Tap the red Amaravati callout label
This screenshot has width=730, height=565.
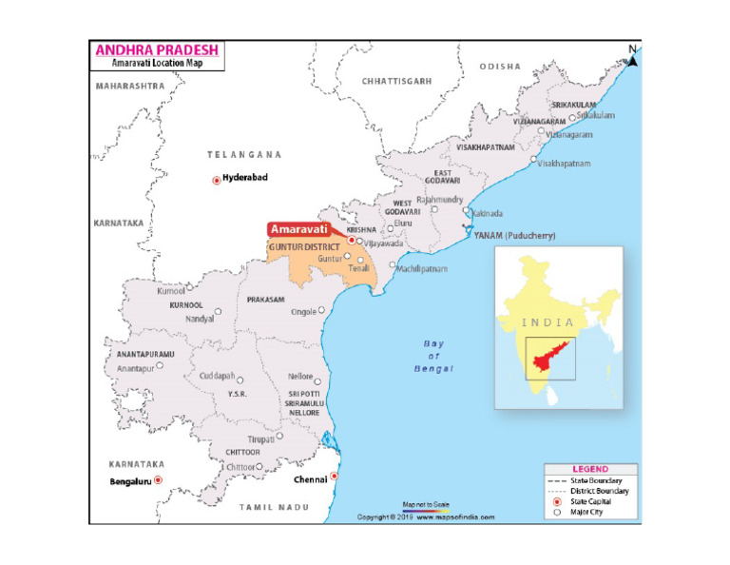[299, 229]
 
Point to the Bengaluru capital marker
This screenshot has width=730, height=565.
[158, 481]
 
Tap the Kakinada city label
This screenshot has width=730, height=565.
[487, 213]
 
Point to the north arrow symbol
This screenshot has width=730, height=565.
[633, 58]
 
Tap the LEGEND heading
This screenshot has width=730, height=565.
[590, 470]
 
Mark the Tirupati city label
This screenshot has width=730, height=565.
[260, 438]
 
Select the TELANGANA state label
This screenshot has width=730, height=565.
[245, 154]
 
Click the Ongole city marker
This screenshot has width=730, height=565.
[322, 310]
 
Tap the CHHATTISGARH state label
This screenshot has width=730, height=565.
[396, 82]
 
